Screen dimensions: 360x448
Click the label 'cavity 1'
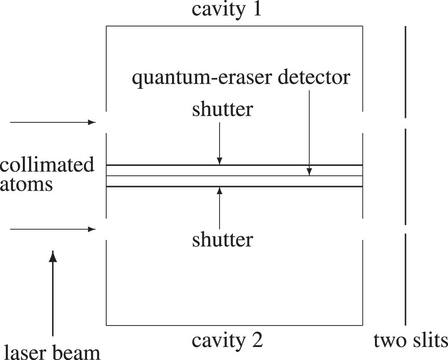pyautogui.click(x=226, y=9)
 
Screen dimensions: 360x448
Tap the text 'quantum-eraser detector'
pyautogui.click(x=241, y=78)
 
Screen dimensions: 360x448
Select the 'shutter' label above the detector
pyautogui.click(x=223, y=109)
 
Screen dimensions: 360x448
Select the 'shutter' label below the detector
pyautogui.click(x=223, y=240)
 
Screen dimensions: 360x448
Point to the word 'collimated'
pyautogui.click(x=47, y=165)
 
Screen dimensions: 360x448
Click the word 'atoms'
pyautogui.click(x=26, y=184)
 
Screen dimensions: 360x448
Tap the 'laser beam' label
pyautogui.click(x=52, y=351)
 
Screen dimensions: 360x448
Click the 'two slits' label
pyautogui.click(x=411, y=341)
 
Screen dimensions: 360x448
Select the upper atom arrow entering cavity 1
pyautogui.click(x=53, y=122)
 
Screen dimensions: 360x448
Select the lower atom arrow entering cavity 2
pyautogui.click(x=53, y=230)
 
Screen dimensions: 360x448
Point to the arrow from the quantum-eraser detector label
pyautogui.click(x=309, y=130)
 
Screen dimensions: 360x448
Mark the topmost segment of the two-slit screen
pyautogui.click(x=405, y=72)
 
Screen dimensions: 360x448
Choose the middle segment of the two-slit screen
pyautogui.click(x=405, y=177)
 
